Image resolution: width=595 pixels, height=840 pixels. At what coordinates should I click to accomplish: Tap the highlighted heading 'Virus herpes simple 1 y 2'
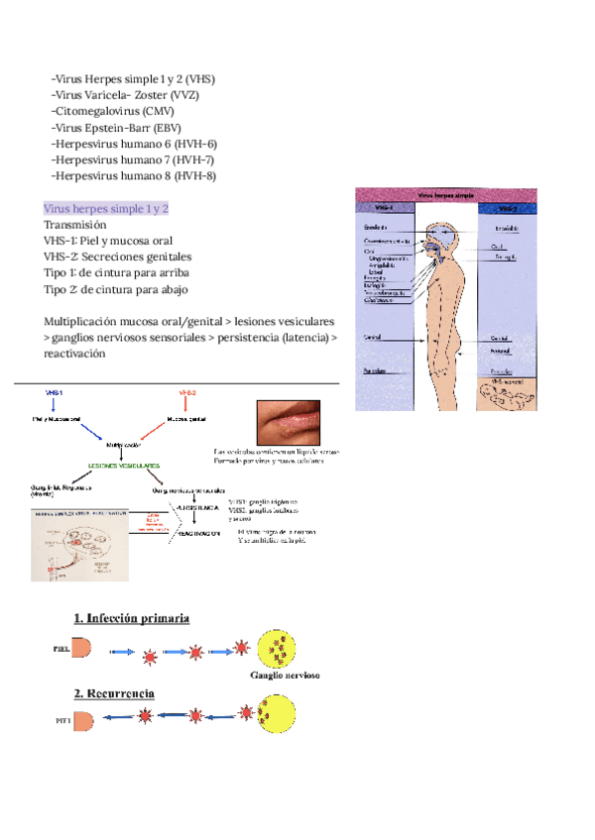(106, 209)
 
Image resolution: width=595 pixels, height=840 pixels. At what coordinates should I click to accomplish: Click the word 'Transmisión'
(75, 225)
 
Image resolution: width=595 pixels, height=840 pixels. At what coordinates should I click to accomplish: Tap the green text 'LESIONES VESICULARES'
(125, 465)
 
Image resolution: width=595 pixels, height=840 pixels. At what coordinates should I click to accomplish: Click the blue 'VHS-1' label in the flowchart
(55, 393)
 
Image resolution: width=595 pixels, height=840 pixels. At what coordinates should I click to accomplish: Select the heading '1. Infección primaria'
(131, 618)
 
